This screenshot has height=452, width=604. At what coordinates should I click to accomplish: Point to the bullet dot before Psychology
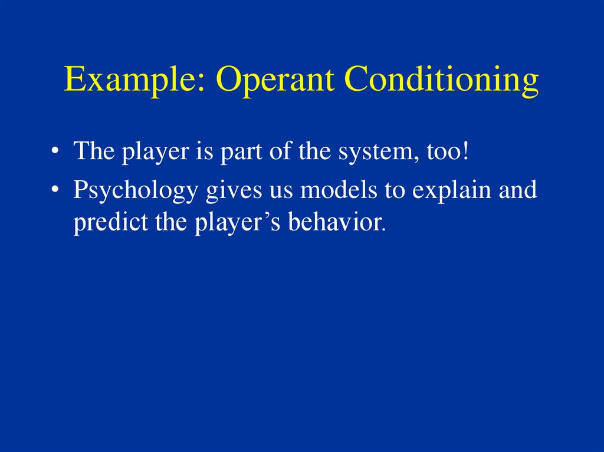[x=55, y=189]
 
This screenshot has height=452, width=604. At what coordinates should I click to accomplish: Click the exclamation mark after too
[x=465, y=150]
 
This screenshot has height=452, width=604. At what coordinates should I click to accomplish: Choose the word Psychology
[x=135, y=190]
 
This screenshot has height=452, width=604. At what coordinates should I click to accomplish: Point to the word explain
[x=451, y=190]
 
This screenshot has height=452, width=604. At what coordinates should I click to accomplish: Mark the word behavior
[x=336, y=222]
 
